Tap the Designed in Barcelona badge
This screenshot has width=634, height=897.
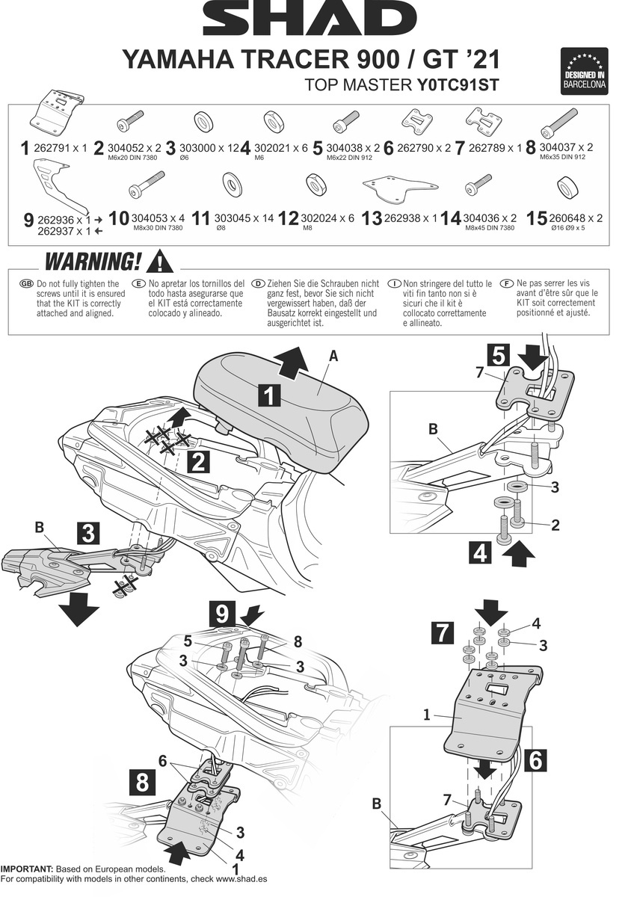tap(584, 70)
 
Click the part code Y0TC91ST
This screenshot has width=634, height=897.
tap(457, 84)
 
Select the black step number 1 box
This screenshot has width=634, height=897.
tap(270, 394)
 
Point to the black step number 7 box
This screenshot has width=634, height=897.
tap(443, 634)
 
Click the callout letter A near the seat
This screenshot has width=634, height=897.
tap(333, 357)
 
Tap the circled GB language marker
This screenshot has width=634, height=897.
tap(27, 285)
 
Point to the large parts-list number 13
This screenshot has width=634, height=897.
tap(372, 219)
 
